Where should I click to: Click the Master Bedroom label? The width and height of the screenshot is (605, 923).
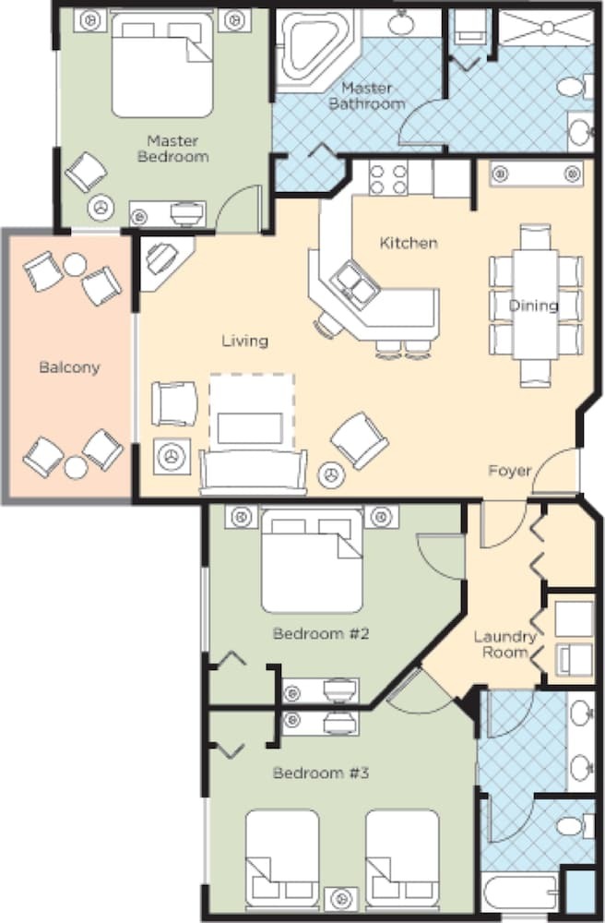coord(172,149)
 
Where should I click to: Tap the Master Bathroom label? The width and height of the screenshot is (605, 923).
coord(367,96)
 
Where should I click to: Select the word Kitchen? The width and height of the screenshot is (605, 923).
coord(409,243)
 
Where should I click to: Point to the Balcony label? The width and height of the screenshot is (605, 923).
coord(69,367)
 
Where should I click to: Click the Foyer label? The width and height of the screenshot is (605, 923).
coord(510,471)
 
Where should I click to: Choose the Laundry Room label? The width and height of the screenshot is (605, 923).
coord(505,644)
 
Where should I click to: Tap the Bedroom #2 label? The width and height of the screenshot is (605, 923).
coord(321,634)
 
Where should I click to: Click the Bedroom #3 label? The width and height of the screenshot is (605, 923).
coord(321,773)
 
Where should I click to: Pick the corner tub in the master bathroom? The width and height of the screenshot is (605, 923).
coord(311,51)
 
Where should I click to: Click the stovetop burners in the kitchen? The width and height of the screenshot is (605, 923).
coord(388,179)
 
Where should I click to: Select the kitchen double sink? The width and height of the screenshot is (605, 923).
coord(354,282)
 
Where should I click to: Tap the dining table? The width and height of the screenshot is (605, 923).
coord(534,305)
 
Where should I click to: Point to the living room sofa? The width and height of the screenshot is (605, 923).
coord(254,472)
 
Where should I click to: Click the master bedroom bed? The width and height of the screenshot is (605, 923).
coord(161,65)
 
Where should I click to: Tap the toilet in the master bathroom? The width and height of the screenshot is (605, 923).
coord(575,88)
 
